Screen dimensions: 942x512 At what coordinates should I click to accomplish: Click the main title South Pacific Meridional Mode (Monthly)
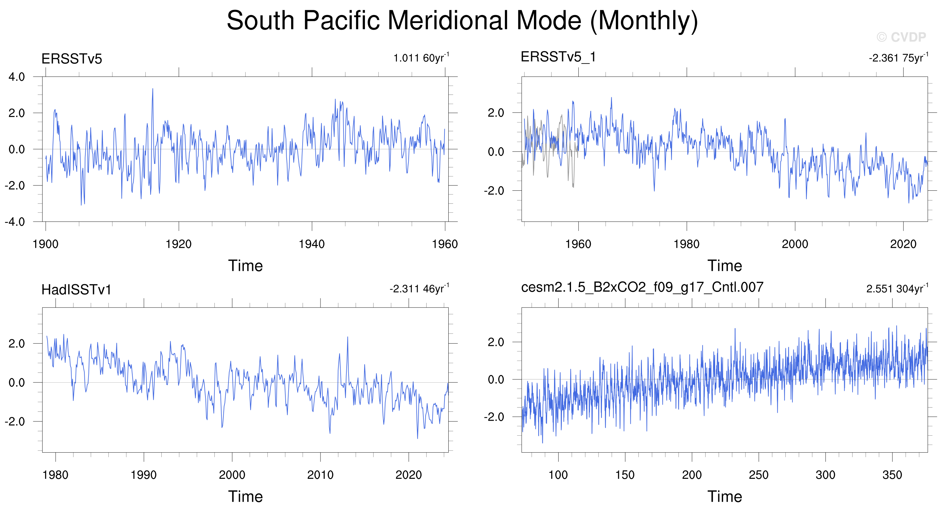[462, 20]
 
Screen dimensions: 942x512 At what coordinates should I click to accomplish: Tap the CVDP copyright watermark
[901, 37]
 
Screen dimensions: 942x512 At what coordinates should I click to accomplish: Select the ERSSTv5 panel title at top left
[72, 59]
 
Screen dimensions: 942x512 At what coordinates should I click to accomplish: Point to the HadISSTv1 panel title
[76, 290]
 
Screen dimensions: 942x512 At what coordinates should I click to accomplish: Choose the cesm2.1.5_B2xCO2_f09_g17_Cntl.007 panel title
[642, 287]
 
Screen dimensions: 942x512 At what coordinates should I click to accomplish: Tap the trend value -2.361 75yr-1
[899, 58]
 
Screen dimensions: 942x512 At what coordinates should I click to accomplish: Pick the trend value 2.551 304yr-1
[897, 288]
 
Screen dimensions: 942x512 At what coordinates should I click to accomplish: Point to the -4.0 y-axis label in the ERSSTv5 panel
[15, 222]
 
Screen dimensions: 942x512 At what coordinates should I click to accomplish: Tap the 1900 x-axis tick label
[45, 244]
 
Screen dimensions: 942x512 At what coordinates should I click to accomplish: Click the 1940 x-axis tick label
[312, 244]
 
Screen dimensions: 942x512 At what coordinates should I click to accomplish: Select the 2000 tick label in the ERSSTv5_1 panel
[795, 244]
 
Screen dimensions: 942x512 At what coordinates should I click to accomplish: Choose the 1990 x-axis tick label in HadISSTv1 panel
[144, 475]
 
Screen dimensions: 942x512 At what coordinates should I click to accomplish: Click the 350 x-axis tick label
[892, 475]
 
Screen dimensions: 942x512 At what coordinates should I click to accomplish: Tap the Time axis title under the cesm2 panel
[725, 497]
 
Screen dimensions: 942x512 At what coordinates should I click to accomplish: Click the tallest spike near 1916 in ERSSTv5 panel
[152, 89]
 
